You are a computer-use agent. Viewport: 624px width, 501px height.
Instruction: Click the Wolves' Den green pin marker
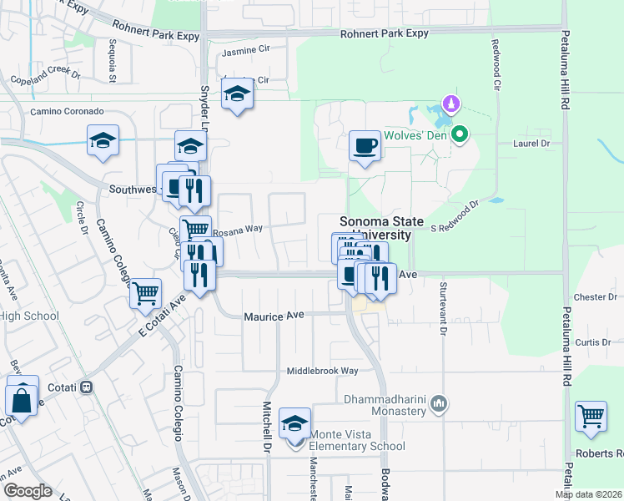click(459, 134)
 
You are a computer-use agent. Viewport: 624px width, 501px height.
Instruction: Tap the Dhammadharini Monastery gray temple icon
click(440, 406)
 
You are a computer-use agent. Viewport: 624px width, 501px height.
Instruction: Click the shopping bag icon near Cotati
click(23, 398)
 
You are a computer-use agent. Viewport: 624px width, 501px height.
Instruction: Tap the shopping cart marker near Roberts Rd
click(591, 417)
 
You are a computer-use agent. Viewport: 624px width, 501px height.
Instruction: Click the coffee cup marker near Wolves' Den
click(364, 147)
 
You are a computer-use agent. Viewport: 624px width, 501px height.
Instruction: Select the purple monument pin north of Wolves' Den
click(451, 105)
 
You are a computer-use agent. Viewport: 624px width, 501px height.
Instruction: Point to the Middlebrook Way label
click(322, 371)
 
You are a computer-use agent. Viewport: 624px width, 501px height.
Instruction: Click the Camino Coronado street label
click(67, 111)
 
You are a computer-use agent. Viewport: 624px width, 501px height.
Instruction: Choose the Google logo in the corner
click(28, 491)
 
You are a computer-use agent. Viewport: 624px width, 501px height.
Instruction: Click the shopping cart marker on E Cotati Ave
click(145, 293)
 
